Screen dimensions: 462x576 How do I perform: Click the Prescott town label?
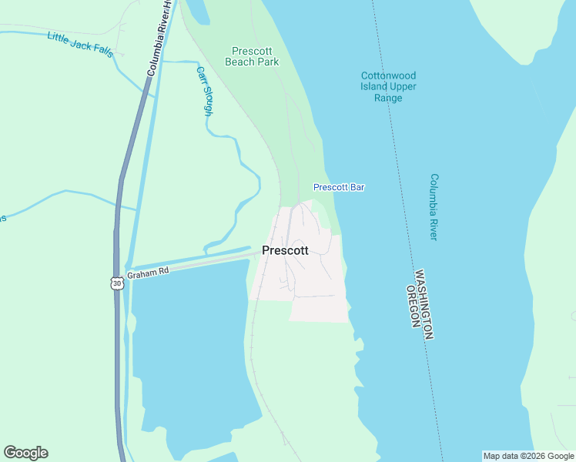click(x=285, y=250)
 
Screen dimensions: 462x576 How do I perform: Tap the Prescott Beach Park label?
click(x=252, y=56)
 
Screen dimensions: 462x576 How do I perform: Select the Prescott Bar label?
click(x=339, y=187)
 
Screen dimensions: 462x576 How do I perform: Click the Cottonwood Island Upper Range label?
click(x=389, y=86)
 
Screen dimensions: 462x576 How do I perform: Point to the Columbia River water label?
click(x=434, y=206)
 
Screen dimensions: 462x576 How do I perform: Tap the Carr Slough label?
click(x=205, y=90)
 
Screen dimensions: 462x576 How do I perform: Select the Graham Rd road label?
click(x=147, y=273)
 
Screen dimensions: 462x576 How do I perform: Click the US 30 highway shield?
click(x=116, y=283)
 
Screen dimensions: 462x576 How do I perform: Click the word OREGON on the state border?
click(x=412, y=307)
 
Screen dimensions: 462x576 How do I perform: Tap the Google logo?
click(x=25, y=453)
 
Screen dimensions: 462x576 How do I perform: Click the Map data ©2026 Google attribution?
click(x=528, y=456)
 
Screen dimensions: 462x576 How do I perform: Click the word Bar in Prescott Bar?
click(x=357, y=187)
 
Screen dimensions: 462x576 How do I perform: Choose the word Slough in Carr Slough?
click(x=206, y=98)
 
